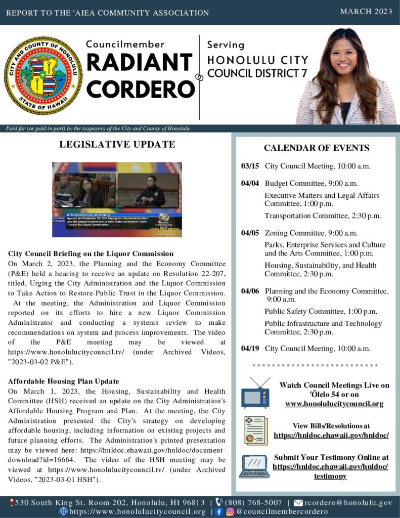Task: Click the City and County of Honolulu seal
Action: click(x=43, y=76)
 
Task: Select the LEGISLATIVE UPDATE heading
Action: click(x=117, y=144)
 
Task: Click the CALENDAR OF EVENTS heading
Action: click(x=317, y=148)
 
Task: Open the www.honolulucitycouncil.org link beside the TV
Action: click(x=334, y=404)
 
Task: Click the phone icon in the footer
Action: click(x=219, y=503)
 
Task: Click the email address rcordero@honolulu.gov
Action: click(x=348, y=503)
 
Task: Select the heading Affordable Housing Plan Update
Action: click(x=64, y=381)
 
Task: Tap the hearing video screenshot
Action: click(x=117, y=199)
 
